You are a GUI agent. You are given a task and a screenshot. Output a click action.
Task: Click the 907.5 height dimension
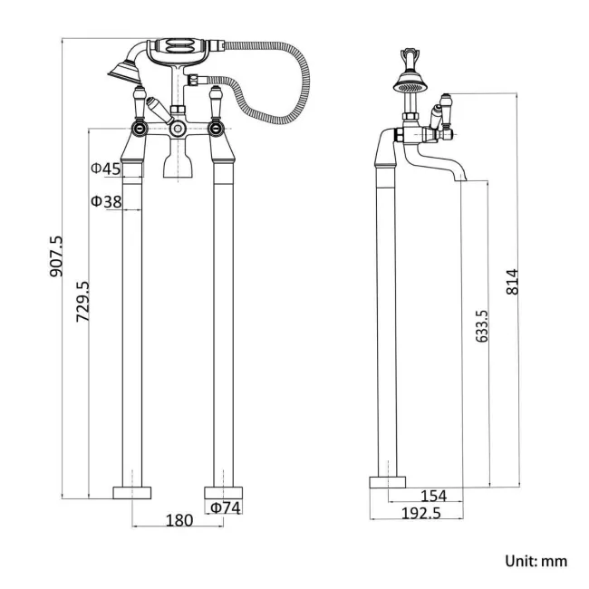click(56, 256)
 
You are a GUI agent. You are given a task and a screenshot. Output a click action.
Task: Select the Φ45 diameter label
click(106, 169)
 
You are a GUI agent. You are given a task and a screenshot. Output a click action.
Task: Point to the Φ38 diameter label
click(106, 201)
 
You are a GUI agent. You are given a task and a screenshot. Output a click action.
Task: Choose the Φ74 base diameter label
click(226, 508)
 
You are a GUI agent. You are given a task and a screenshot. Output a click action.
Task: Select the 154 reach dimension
click(435, 496)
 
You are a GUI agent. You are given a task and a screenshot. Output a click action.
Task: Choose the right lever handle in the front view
click(217, 104)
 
